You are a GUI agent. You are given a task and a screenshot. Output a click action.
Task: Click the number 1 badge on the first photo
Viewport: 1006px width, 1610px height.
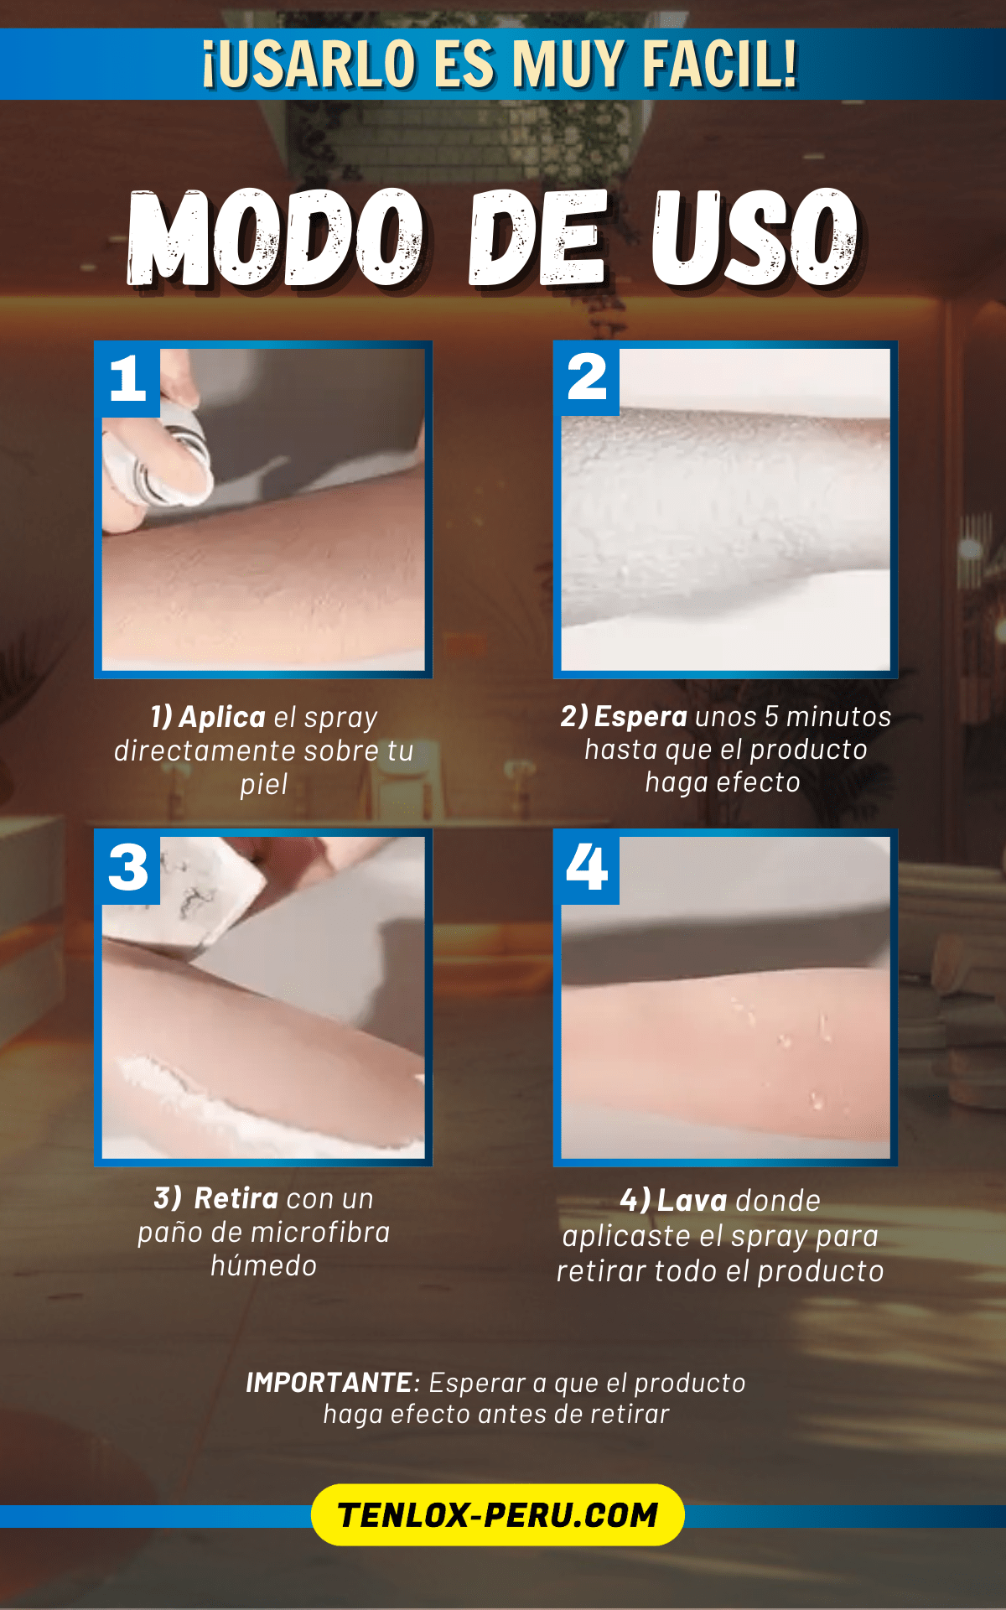click(127, 379)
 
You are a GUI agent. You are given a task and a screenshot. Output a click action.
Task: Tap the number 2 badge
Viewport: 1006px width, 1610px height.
click(587, 378)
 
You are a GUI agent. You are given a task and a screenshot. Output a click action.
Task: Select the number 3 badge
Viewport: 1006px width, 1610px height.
click(127, 867)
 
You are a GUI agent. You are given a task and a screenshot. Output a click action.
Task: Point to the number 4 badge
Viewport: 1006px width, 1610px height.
click(587, 867)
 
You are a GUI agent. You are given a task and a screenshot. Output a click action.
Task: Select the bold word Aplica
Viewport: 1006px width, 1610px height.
click(222, 717)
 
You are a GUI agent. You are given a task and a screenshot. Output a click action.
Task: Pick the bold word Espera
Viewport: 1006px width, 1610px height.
click(640, 716)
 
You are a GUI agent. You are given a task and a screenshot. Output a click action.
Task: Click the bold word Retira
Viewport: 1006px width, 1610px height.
click(236, 1198)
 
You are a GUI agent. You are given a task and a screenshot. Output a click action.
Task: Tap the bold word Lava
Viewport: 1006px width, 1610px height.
click(692, 1201)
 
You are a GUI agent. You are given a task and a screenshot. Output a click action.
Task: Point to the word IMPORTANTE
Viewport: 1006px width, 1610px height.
click(329, 1383)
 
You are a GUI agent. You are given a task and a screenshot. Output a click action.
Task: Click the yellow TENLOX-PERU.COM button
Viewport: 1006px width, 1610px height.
click(498, 1515)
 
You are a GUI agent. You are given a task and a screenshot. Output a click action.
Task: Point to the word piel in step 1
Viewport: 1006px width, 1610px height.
click(264, 785)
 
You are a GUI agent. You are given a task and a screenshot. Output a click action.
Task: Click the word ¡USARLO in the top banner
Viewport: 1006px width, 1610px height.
click(309, 64)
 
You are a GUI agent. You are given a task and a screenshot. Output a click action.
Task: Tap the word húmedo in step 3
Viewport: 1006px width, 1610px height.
click(264, 1265)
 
